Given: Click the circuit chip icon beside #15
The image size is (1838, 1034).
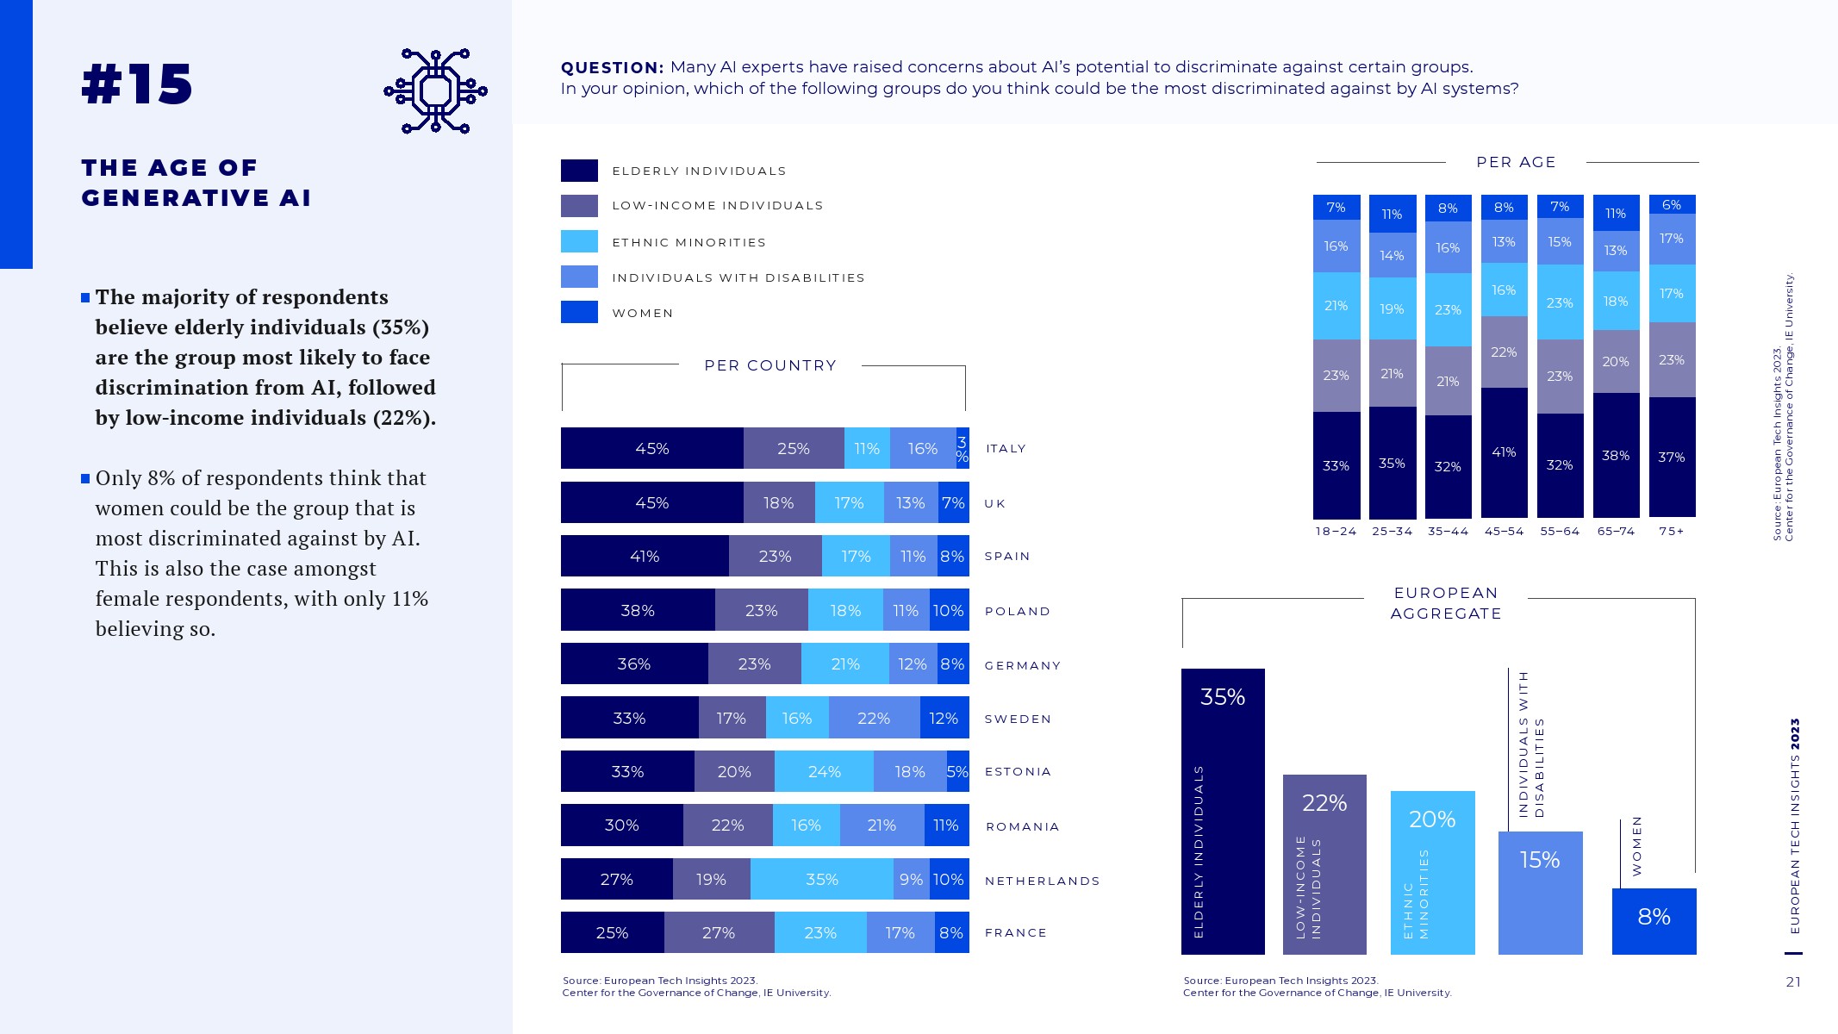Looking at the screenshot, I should click(435, 90).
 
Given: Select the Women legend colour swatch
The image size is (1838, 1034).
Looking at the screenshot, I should click(579, 312).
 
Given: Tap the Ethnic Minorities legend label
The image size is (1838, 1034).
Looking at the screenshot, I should click(688, 243).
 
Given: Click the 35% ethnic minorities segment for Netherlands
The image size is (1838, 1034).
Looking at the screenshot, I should click(821, 879).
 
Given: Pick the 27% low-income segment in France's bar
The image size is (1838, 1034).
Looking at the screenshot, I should click(719, 932).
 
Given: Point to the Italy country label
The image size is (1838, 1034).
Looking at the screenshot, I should click(1006, 449).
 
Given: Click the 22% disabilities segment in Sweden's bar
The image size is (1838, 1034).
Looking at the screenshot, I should click(874, 718).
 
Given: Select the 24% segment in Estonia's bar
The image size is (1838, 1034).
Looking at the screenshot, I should click(824, 771).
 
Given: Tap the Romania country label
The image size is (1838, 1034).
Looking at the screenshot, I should click(1022, 826).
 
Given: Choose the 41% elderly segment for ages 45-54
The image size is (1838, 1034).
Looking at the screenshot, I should click(1504, 452).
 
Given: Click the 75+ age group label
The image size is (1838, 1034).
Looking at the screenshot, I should click(1671, 532).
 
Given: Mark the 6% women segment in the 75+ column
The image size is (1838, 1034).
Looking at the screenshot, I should click(1672, 204).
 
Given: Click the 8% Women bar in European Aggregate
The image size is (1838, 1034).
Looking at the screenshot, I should click(1654, 920).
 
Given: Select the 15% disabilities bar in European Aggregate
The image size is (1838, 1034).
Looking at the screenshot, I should click(1540, 892).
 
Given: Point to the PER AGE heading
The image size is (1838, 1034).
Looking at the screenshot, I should click(1516, 162).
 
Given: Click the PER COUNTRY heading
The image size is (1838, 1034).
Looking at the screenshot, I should click(770, 365).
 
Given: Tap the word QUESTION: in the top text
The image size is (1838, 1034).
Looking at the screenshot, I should click(612, 67).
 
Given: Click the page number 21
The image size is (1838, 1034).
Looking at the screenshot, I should click(1793, 982).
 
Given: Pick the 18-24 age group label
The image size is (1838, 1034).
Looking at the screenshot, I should click(1336, 532).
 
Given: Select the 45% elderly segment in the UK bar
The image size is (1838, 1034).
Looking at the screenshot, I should click(651, 502).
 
